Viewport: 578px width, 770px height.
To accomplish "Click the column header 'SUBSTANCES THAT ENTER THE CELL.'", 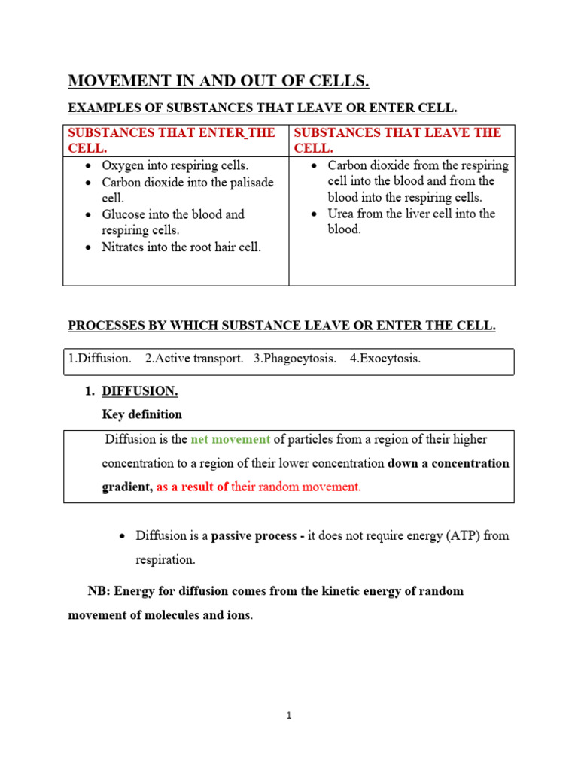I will pos(172,141).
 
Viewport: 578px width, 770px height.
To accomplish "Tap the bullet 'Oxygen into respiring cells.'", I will pos(175,165).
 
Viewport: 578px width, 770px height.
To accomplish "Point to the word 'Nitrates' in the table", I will pos(124,247).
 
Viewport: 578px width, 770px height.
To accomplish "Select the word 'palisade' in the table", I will pos(249,182).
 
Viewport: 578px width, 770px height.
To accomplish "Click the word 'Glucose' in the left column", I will pos(124,214).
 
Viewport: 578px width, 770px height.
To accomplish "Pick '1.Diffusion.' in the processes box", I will pos(99,359).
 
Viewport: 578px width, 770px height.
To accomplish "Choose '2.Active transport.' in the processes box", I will pos(194,359).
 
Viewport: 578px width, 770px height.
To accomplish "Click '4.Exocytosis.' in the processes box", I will pos(385,359).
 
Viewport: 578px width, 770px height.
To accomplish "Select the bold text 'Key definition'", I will pos(141,414).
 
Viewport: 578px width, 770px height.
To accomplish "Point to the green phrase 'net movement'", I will pos(230,439).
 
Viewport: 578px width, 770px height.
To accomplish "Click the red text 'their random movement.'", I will pos(296,487).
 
